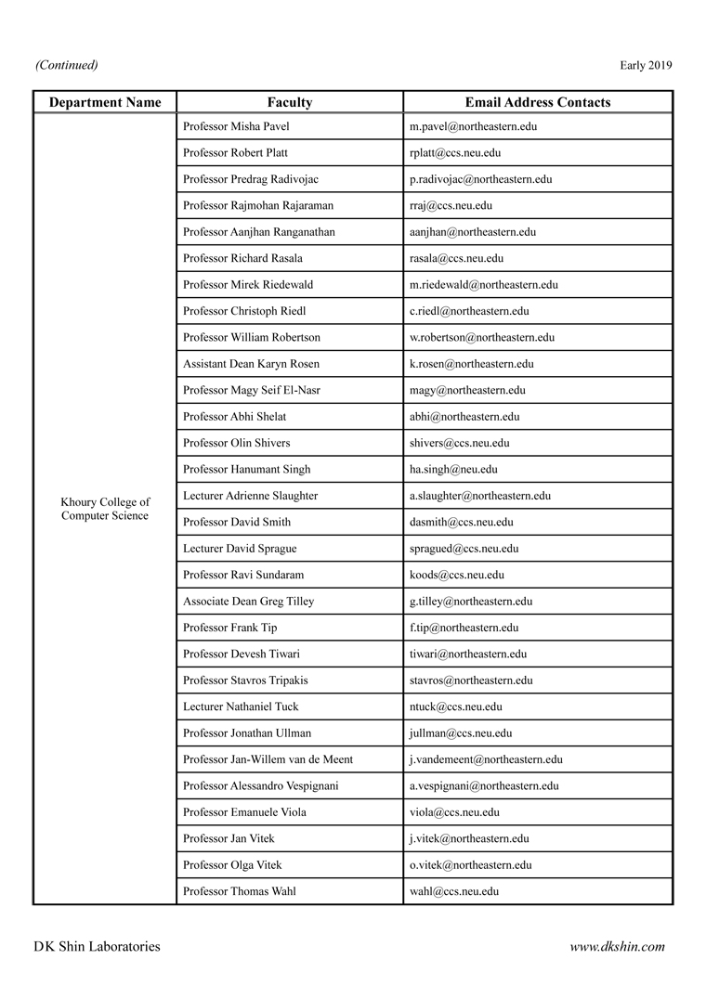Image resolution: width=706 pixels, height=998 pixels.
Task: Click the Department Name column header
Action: pos(105,102)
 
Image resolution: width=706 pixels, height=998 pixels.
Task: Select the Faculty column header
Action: pos(290,102)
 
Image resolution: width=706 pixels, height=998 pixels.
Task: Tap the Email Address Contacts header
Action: pos(538,102)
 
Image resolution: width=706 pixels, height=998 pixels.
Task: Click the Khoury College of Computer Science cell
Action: pos(105,509)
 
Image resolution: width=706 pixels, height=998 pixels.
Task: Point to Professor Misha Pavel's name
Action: pos(237,125)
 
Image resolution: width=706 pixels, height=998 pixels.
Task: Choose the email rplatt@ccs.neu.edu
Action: pos(455,152)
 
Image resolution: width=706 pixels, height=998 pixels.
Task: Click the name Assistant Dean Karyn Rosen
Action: pos(251,364)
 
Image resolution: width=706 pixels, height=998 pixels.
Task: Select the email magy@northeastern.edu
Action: pos(467,390)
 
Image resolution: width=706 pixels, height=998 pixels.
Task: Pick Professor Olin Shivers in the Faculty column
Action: pos(237,443)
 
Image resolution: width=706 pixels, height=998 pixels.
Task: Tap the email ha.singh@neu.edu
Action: pos(453,470)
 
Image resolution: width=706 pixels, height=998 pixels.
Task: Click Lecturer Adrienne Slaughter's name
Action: pos(250,496)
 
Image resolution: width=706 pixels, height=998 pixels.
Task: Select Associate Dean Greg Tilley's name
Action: pos(248,602)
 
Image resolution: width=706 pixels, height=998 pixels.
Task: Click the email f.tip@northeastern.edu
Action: pos(464,628)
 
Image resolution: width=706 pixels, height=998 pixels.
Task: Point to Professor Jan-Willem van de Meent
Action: pos(268,759)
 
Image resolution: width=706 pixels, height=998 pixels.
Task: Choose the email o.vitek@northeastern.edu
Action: pos(470,865)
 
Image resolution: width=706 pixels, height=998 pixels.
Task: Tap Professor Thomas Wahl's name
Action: pos(240,891)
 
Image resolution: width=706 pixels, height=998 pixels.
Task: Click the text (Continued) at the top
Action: pos(67,65)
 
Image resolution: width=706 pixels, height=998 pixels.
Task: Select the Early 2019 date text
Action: pos(646,65)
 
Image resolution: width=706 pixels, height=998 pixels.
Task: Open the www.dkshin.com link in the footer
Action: pos(618,947)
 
